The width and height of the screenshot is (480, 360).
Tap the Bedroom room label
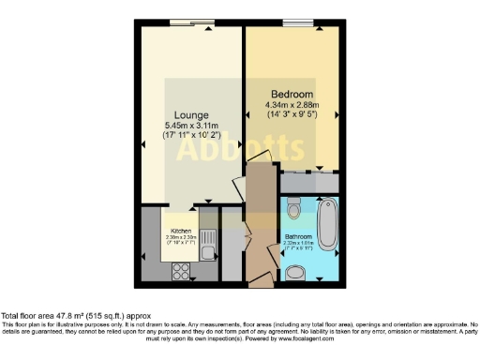point(292,95)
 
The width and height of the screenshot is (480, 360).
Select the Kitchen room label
point(181,230)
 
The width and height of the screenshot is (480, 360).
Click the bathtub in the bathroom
point(327,230)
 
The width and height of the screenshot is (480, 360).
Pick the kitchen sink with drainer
point(212,245)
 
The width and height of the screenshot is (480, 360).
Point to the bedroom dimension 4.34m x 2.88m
point(296,107)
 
